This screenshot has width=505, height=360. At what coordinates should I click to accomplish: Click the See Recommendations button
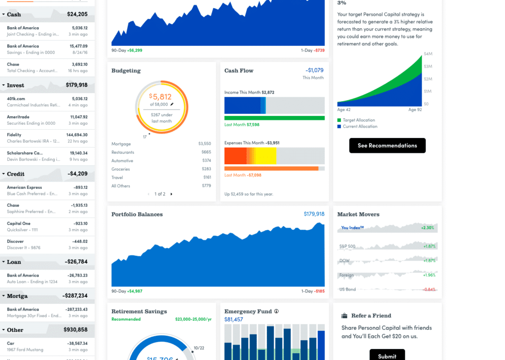(x=387, y=145)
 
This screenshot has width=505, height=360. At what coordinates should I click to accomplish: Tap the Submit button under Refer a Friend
(x=387, y=356)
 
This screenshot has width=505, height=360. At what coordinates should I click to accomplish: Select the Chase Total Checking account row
(x=47, y=68)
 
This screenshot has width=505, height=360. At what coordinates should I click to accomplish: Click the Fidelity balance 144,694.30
(x=77, y=135)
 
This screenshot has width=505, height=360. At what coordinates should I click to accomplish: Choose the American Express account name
(x=24, y=187)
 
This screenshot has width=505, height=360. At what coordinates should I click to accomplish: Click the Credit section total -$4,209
(x=77, y=174)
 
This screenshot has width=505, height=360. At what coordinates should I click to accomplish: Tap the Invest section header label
(x=15, y=85)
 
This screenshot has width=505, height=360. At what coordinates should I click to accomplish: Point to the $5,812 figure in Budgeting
(x=161, y=97)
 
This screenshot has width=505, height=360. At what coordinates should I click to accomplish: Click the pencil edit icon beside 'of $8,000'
(x=172, y=105)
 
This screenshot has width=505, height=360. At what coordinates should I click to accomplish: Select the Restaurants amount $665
(x=206, y=152)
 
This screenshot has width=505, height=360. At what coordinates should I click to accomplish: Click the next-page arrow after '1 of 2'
(x=172, y=194)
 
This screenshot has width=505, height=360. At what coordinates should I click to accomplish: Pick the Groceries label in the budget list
(x=121, y=169)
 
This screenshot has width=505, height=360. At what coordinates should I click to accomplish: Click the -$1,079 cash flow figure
(x=314, y=71)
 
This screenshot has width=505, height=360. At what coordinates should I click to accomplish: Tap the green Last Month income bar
(x=274, y=118)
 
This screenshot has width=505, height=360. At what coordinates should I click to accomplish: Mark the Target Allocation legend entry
(x=359, y=120)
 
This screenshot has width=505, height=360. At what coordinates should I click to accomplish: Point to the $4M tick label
(x=428, y=54)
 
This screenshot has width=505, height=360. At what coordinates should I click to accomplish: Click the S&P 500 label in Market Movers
(x=347, y=246)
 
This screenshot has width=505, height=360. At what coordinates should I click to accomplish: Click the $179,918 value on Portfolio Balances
(x=314, y=214)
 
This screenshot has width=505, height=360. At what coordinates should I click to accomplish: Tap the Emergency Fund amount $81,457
(x=234, y=320)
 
